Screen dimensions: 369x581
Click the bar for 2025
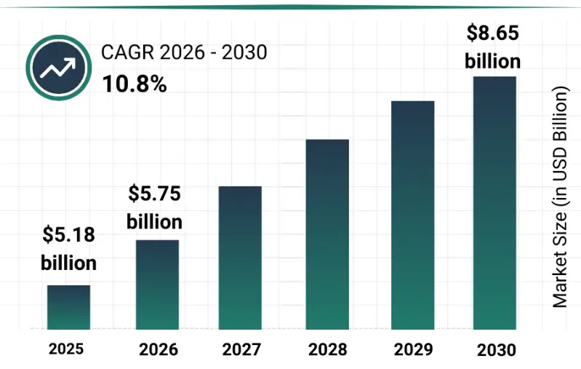point(69,306)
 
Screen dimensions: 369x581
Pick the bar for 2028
point(327,234)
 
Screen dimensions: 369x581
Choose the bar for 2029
point(412,215)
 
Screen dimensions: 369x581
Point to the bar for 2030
point(495,202)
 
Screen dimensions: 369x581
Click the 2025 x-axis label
point(66,349)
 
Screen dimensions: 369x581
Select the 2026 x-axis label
point(157,349)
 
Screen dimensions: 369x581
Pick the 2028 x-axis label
point(327,349)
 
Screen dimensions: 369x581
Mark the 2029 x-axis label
point(412,349)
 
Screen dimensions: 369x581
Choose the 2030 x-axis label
point(497,350)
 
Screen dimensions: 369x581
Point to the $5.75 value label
point(154,194)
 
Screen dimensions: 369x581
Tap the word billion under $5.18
point(68,262)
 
